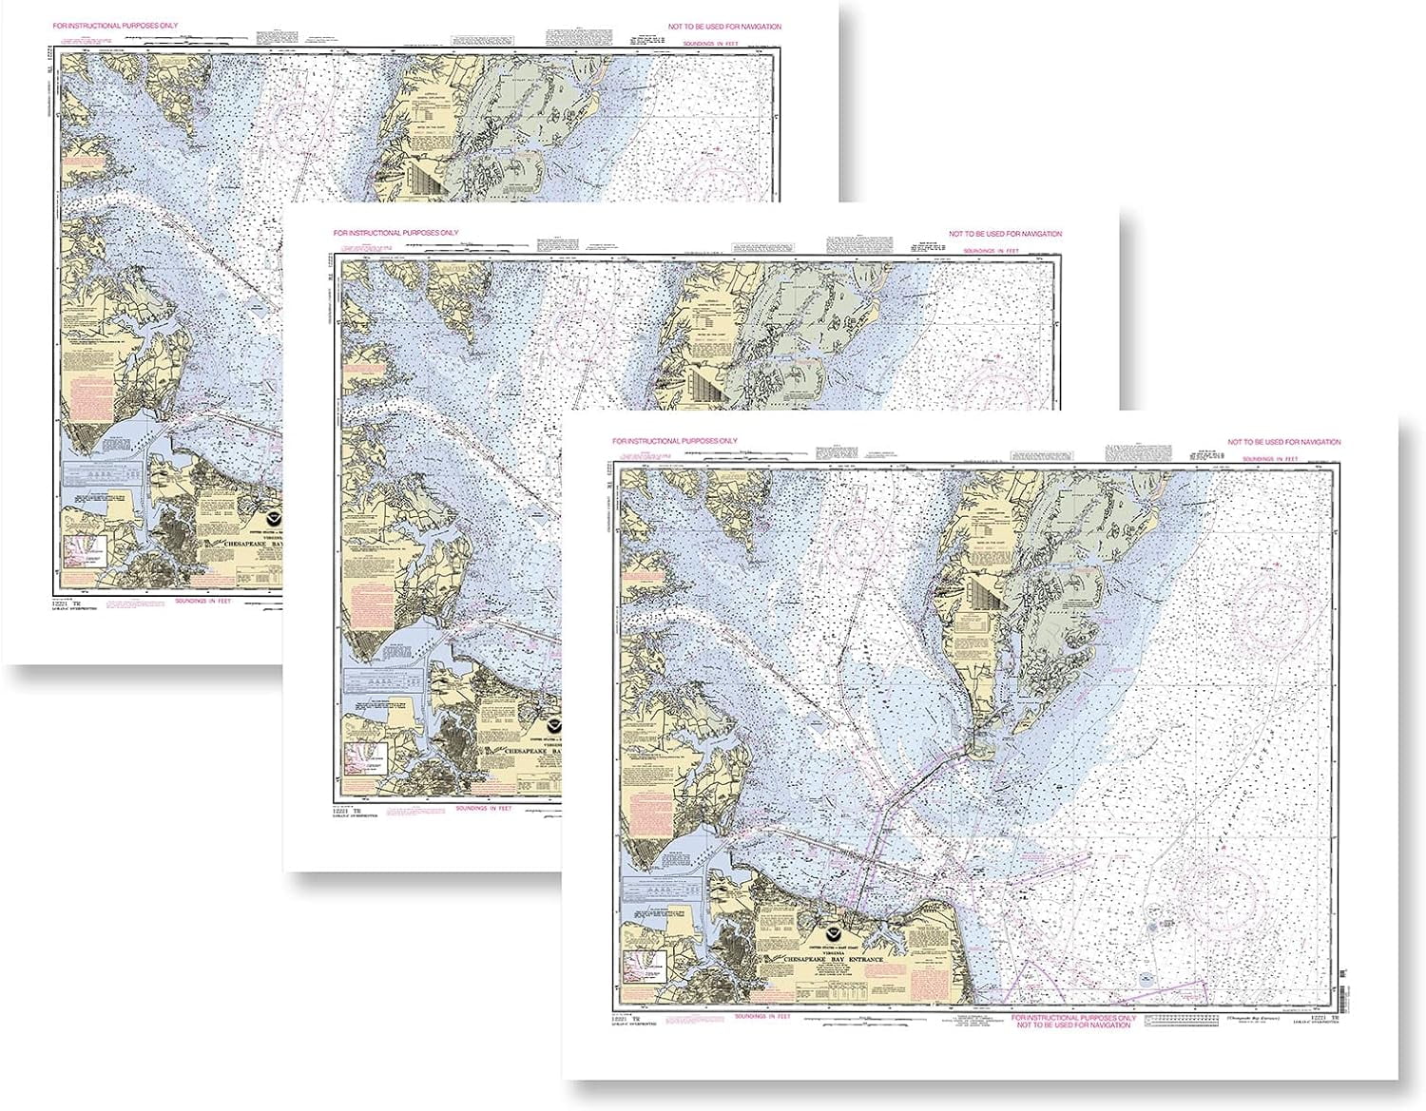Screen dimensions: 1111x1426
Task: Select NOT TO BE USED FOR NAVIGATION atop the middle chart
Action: (x=1005, y=234)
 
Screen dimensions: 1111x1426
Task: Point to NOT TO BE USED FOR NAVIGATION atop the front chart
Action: (x=1283, y=442)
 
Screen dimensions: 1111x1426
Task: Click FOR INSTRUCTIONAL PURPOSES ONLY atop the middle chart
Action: (x=395, y=233)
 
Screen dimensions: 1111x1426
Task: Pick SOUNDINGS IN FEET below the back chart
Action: (x=203, y=601)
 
